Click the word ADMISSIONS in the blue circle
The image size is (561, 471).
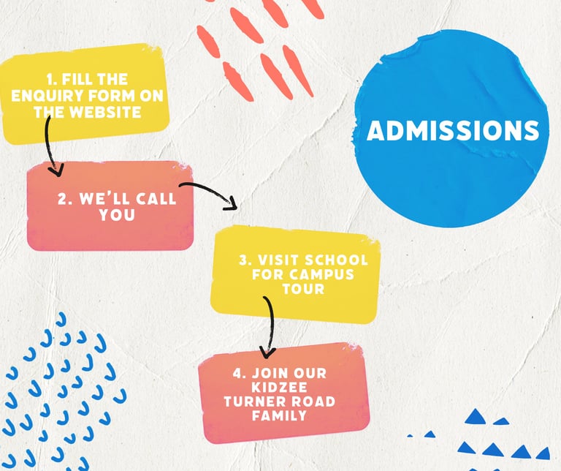click(x=453, y=131)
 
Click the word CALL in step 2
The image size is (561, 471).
click(x=152, y=198)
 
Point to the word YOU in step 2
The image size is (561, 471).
click(x=118, y=215)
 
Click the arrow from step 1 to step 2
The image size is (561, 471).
click(x=50, y=146)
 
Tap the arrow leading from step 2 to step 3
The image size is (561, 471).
click(x=212, y=195)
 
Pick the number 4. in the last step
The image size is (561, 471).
click(x=239, y=373)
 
